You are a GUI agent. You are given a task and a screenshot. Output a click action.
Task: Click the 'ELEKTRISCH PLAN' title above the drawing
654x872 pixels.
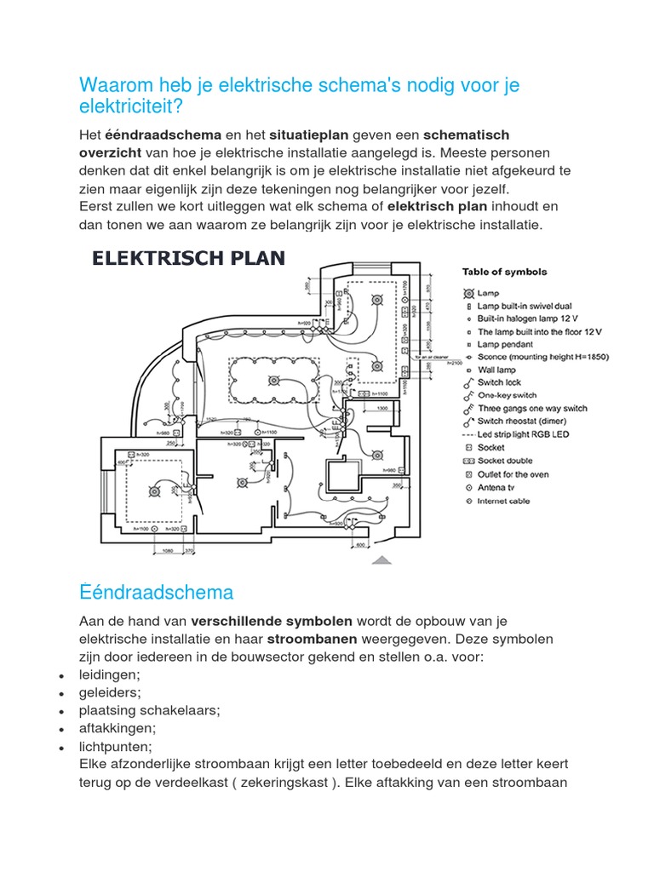pyautogui.click(x=188, y=259)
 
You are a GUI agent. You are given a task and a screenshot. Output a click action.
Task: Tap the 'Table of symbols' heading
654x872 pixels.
pyautogui.click(x=504, y=272)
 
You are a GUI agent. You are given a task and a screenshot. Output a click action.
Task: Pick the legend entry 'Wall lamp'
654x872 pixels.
pyautogui.click(x=498, y=370)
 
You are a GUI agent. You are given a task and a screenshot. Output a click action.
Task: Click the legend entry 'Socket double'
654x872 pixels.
pyautogui.click(x=503, y=461)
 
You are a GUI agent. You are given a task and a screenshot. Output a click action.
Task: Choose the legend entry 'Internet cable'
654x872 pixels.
pyautogui.click(x=503, y=501)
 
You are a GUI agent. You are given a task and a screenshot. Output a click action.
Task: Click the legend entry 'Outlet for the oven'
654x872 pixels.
pyautogui.click(x=513, y=474)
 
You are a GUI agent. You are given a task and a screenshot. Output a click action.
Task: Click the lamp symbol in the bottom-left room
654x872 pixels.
pyautogui.click(x=155, y=491)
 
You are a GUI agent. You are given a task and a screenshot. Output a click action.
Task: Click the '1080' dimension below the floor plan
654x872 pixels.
pyautogui.click(x=167, y=551)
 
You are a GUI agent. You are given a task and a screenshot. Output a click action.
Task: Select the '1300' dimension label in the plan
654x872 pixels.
pyautogui.click(x=381, y=410)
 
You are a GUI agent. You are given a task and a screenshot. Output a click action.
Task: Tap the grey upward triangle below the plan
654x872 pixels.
pyautogui.click(x=382, y=559)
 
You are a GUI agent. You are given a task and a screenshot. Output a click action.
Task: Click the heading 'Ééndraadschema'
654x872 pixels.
pyautogui.click(x=156, y=592)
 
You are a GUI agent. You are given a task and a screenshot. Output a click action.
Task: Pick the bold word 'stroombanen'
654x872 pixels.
pyautogui.click(x=311, y=639)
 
